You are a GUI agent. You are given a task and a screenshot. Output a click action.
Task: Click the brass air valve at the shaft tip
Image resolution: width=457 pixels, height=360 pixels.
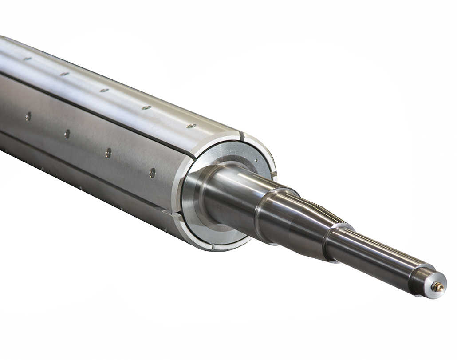point(438,287)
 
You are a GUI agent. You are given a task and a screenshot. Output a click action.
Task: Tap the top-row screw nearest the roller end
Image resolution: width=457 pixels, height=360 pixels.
point(191,126)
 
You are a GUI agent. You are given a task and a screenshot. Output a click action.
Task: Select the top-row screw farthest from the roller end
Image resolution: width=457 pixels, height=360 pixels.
point(28,58)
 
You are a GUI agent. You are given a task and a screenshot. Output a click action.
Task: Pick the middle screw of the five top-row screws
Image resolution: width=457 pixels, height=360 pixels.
point(104,90)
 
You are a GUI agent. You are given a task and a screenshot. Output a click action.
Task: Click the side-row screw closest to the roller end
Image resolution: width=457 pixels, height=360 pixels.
point(152,173)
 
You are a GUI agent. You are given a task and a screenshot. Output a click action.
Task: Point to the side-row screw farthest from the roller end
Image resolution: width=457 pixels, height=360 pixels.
point(28,116)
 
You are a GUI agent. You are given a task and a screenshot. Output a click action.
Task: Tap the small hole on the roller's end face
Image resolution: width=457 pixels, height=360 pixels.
point(256,161)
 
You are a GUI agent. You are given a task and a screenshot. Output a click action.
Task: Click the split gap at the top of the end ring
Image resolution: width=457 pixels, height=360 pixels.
point(241,135)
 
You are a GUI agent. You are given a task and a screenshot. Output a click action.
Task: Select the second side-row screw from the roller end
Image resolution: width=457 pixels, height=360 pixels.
point(108,153)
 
